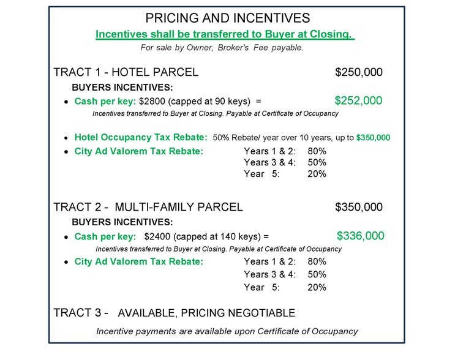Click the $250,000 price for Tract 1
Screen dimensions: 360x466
click(359, 72)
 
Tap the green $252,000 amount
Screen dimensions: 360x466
click(359, 101)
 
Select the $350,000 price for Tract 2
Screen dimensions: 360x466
click(359, 207)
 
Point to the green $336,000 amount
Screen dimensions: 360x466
click(361, 236)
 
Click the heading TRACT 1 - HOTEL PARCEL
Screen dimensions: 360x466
click(126, 72)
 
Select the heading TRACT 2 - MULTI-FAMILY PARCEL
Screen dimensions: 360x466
click(148, 207)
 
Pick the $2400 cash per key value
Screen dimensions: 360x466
click(156, 236)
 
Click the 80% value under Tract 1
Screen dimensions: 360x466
click(317, 151)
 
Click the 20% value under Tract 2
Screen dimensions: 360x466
click(317, 287)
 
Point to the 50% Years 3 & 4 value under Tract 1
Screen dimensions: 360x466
click(317, 162)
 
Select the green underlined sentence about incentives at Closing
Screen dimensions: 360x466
click(225, 34)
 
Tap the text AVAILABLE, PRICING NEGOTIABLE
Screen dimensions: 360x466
click(206, 313)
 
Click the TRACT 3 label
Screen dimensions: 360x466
click(81, 313)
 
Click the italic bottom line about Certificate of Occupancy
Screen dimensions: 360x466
click(227, 331)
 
